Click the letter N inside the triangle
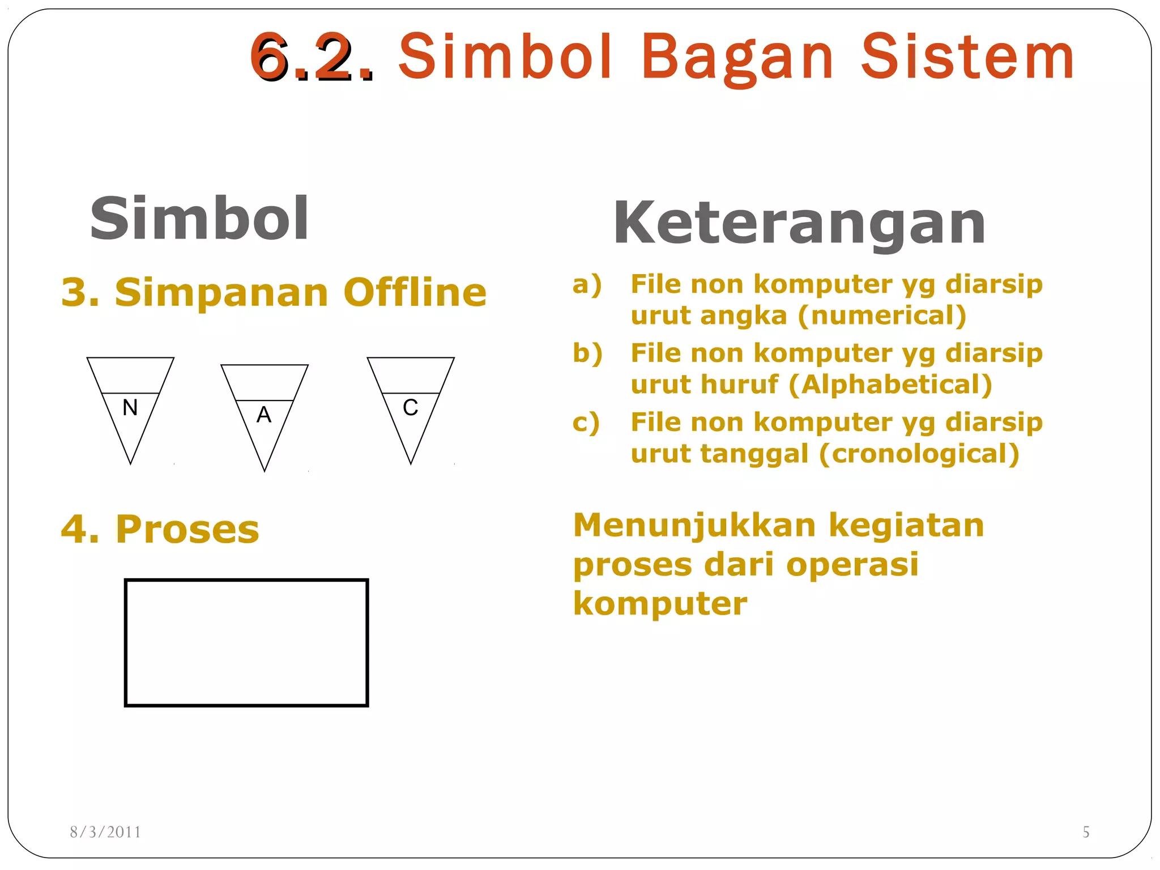(x=130, y=407)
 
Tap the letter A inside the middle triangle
(x=264, y=415)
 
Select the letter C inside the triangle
(x=411, y=407)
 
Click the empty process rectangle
(x=246, y=642)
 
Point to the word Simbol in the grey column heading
(x=199, y=219)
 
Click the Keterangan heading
(x=799, y=224)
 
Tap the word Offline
(x=415, y=292)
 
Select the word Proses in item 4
(x=187, y=529)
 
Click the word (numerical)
(x=882, y=315)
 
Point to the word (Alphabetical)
(x=890, y=385)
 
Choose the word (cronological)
(x=919, y=454)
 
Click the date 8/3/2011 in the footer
(x=105, y=831)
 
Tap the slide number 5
(x=1086, y=831)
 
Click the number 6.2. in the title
(x=312, y=57)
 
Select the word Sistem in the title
(x=967, y=57)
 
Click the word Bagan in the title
(x=737, y=57)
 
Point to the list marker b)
(x=587, y=353)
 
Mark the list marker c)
(x=586, y=423)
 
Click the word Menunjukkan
(x=694, y=525)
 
